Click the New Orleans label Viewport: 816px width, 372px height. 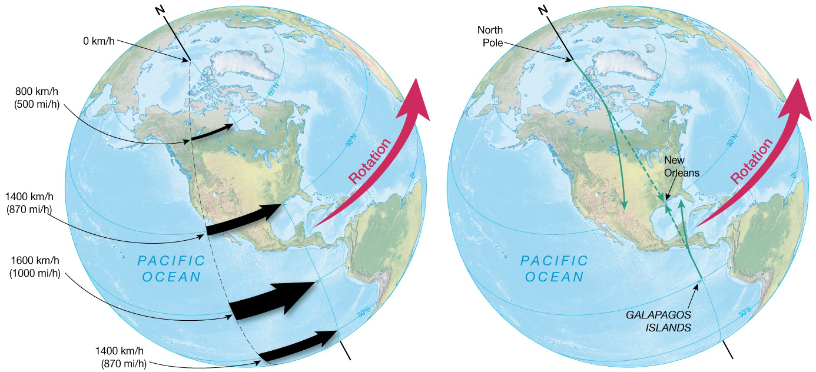681,166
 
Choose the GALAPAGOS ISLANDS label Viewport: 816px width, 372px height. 658,321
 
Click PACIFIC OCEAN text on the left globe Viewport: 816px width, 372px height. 171,268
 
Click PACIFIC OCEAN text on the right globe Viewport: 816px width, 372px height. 554,268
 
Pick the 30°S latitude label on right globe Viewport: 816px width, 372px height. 744,311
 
